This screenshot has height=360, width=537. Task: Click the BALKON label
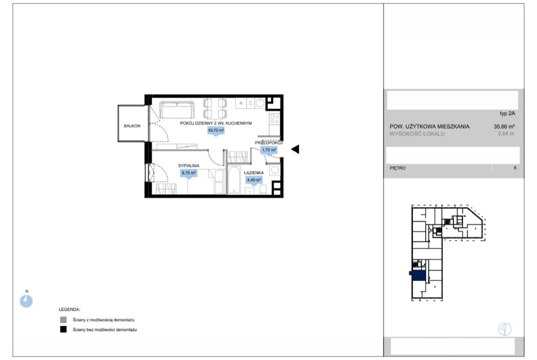click(x=132, y=126)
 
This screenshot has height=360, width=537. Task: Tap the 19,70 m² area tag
click(x=216, y=131)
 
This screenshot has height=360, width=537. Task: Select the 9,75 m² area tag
click(x=188, y=173)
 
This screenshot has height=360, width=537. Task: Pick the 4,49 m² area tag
click(x=254, y=180)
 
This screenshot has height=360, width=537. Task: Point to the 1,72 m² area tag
click(x=269, y=150)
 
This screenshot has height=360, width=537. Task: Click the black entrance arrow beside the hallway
click(x=295, y=149)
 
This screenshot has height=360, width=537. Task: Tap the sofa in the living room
click(x=177, y=110)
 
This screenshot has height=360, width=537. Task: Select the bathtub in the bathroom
click(x=235, y=180)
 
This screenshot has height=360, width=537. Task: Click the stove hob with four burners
click(x=274, y=119)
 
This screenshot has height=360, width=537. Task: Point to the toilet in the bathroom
click(x=263, y=189)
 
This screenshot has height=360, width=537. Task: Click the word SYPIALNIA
click(x=189, y=166)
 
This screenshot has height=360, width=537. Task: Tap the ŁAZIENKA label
click(x=254, y=173)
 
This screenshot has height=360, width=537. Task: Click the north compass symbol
click(x=26, y=301)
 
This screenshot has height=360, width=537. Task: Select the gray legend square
click(x=63, y=320)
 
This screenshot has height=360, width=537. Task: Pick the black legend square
click(x=63, y=330)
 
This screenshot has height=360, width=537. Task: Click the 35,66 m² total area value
click(x=504, y=126)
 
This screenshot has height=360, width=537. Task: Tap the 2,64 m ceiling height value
click(x=506, y=134)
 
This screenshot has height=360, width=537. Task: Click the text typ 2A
click(x=507, y=114)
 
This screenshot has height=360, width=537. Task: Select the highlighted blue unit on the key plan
click(x=418, y=276)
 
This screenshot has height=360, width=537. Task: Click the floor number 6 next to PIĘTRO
click(x=515, y=168)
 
